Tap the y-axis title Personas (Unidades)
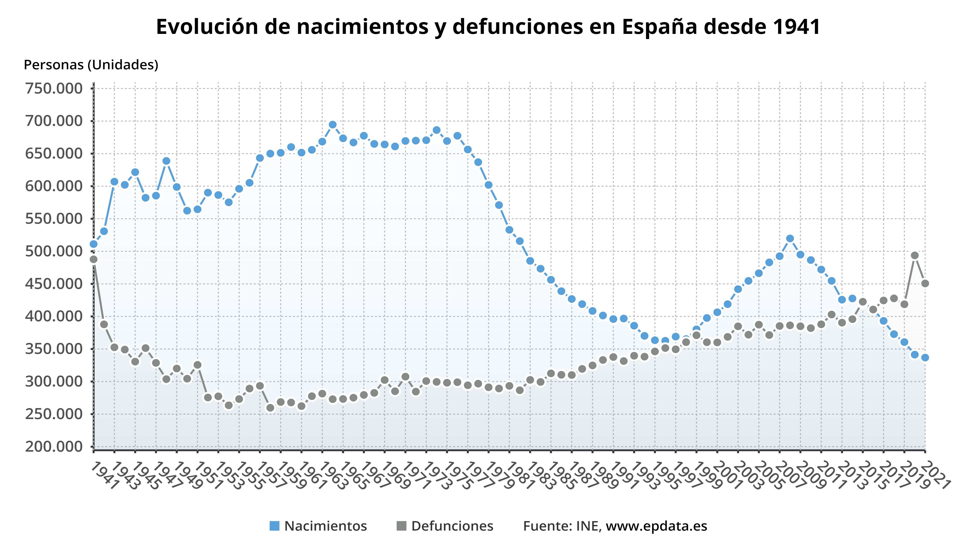[91, 65]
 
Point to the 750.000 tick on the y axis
[54, 89]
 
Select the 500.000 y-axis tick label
[54, 251]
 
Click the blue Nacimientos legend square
[274, 526]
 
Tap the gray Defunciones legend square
[401, 526]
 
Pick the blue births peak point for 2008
[790, 238]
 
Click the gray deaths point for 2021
[925, 284]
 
